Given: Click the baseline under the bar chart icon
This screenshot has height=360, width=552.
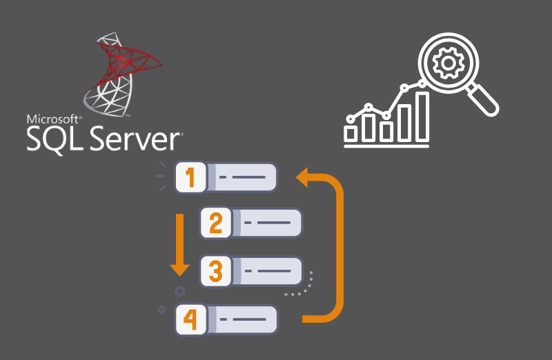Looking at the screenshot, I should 386,146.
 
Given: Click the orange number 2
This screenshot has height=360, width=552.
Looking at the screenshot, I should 216,223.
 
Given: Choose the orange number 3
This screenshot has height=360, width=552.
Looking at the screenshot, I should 216,272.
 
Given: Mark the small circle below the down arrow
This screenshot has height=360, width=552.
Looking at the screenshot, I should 180,290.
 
